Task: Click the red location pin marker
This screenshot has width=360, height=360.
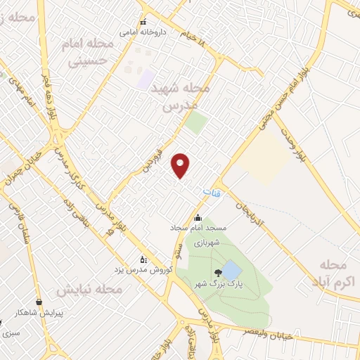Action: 181,165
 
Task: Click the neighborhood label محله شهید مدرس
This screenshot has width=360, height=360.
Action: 186,98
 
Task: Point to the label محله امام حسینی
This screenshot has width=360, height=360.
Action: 91,53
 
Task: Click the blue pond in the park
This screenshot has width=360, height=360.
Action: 231,270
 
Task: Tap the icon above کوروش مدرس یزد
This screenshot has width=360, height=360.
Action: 144,258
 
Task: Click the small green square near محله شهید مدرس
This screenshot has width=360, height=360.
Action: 195,123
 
